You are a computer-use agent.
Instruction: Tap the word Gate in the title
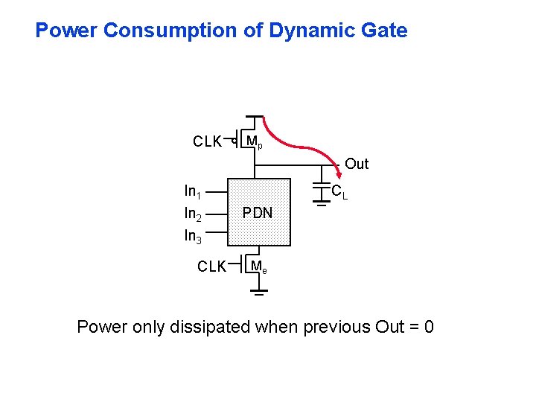coord(384,31)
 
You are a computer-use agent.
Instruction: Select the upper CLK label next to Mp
coord(207,141)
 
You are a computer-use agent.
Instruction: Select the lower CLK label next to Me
coord(211,267)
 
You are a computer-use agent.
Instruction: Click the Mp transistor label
coord(254,141)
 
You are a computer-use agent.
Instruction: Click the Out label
coord(357,164)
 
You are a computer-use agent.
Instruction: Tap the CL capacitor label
coord(339,192)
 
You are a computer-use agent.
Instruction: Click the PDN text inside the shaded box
coord(257,213)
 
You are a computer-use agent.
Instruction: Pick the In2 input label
coord(194,214)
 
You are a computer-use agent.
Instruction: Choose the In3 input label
coord(194,237)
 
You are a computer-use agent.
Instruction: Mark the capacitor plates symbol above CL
coord(322,183)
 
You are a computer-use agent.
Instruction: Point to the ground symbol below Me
coord(258,293)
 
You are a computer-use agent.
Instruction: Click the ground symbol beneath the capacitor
coord(322,205)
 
